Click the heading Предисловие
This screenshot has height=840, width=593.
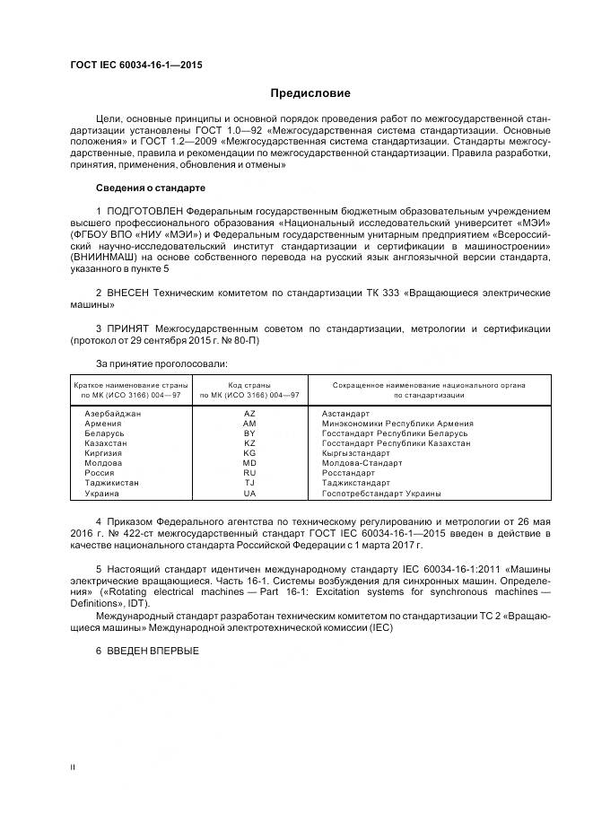coord(311,93)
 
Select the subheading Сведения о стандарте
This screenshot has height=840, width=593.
coord(150,188)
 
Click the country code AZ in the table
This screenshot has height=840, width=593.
coord(249,414)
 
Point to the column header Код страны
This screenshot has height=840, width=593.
coord(249,385)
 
